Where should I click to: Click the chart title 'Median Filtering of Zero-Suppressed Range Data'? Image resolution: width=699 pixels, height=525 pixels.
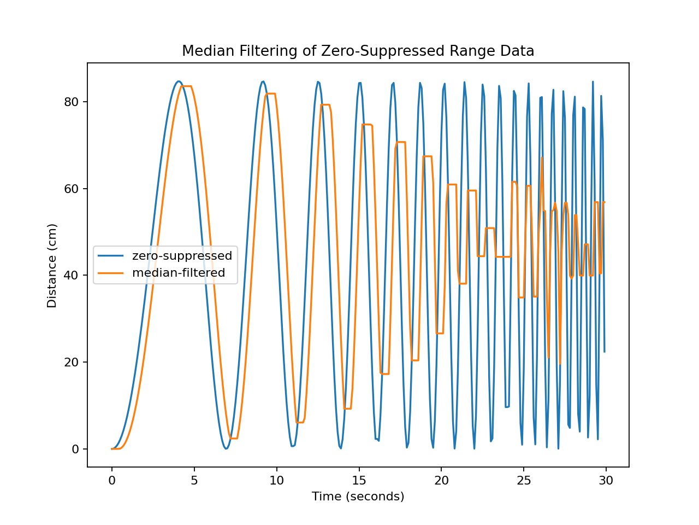pyautogui.click(x=358, y=51)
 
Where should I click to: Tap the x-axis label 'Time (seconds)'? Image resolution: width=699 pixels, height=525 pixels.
pyautogui.click(x=358, y=497)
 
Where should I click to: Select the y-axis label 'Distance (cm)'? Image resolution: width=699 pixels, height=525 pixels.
pyautogui.click(x=52, y=265)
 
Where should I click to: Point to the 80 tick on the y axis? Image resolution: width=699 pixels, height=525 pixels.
pyautogui.click(x=72, y=102)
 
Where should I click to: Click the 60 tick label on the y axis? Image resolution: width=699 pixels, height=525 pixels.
pyautogui.click(x=72, y=189)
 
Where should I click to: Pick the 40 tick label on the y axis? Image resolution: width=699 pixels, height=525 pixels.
pyautogui.click(x=72, y=275)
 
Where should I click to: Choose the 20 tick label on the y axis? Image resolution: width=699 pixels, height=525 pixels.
pyautogui.click(x=72, y=362)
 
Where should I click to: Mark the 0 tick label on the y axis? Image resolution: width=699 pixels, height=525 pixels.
pyautogui.click(x=75, y=449)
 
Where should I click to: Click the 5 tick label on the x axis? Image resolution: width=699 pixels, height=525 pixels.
pyautogui.click(x=194, y=481)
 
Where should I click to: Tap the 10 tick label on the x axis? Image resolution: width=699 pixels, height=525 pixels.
pyautogui.click(x=276, y=481)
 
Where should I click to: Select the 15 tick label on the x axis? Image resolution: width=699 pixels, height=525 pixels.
pyautogui.click(x=359, y=481)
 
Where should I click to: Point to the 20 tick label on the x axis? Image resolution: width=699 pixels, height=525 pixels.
pyautogui.click(x=441, y=481)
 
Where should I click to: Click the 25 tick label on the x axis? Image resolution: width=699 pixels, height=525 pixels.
pyautogui.click(x=524, y=481)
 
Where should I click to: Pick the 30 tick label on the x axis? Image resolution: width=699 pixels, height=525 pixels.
pyautogui.click(x=606, y=481)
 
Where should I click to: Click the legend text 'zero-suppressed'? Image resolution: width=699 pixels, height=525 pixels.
pyautogui.click(x=182, y=256)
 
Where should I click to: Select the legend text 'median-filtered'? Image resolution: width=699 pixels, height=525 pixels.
pyautogui.click(x=179, y=273)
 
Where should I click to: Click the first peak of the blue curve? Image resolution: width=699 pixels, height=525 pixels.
pyautogui.click(x=179, y=81)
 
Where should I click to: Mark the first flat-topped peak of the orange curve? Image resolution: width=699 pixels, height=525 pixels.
pyautogui.click(x=186, y=86)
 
